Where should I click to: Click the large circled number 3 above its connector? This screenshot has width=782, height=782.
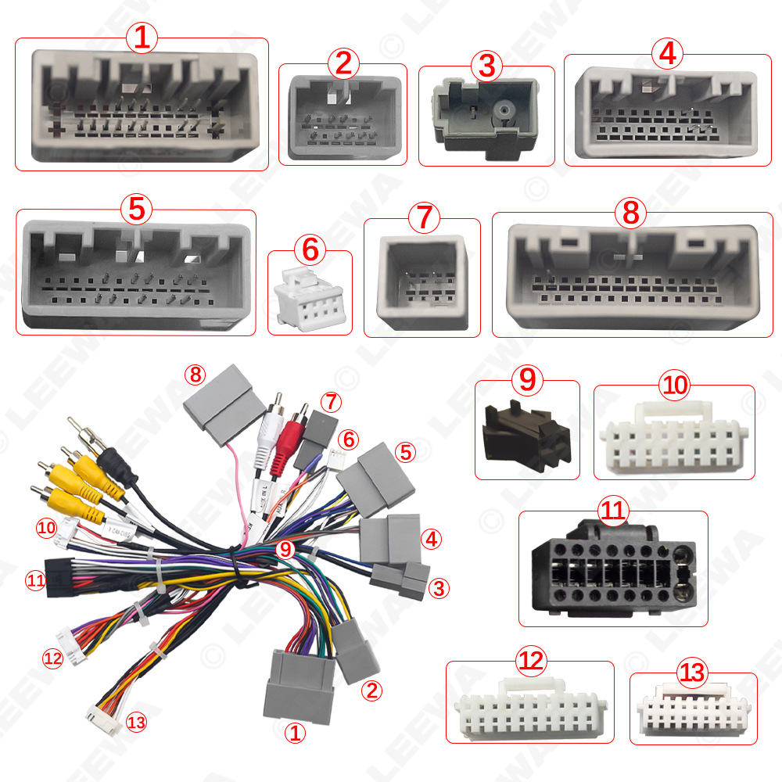[x=486, y=66]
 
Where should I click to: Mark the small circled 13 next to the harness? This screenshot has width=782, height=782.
[x=136, y=722]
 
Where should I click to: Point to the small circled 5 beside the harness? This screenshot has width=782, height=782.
[x=404, y=450]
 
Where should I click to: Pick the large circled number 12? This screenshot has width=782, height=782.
[x=530, y=662]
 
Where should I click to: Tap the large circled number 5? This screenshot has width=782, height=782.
[x=136, y=209]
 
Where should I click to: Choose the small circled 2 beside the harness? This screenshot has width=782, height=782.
[x=371, y=691]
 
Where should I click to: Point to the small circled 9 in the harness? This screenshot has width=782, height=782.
[x=285, y=549]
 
